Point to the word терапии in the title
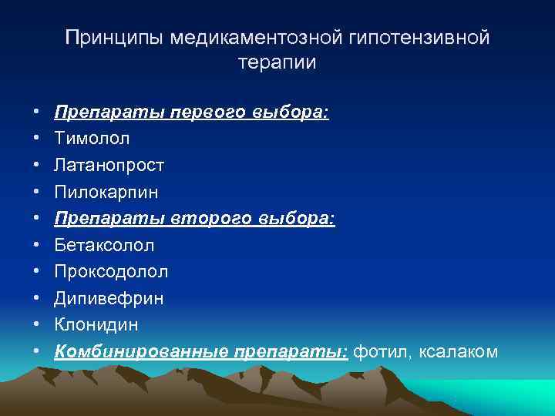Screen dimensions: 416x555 click(277, 63)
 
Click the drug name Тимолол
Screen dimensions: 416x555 click(92, 139)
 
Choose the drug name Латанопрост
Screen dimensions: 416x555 click(109, 165)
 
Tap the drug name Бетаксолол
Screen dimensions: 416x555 click(104, 245)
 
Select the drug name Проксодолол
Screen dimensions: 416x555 click(112, 271)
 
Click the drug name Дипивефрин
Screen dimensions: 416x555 click(109, 298)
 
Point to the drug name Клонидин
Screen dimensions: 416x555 click(97, 324)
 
